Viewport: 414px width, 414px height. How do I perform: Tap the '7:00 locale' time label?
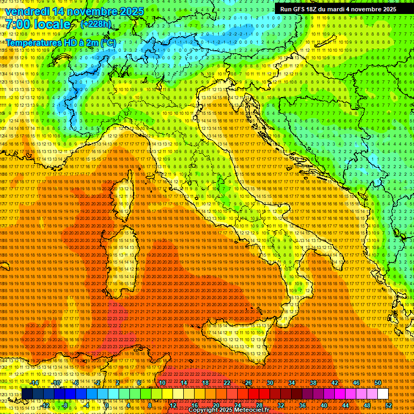coord(38,24)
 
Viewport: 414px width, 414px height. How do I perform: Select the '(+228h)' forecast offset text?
coord(95,24)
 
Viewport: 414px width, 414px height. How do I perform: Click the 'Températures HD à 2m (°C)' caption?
coord(61,42)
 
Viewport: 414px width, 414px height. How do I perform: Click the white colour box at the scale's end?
coord(383,394)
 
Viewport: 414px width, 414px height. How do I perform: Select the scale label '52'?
coord(389,405)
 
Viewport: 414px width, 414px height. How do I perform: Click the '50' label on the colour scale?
coord(377,382)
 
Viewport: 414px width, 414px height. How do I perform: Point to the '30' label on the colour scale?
coord(270,382)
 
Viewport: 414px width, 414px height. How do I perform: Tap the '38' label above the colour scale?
coord(313,382)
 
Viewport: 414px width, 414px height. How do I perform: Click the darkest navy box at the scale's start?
coord(27,394)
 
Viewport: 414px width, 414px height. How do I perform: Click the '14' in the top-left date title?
coord(59,11)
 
